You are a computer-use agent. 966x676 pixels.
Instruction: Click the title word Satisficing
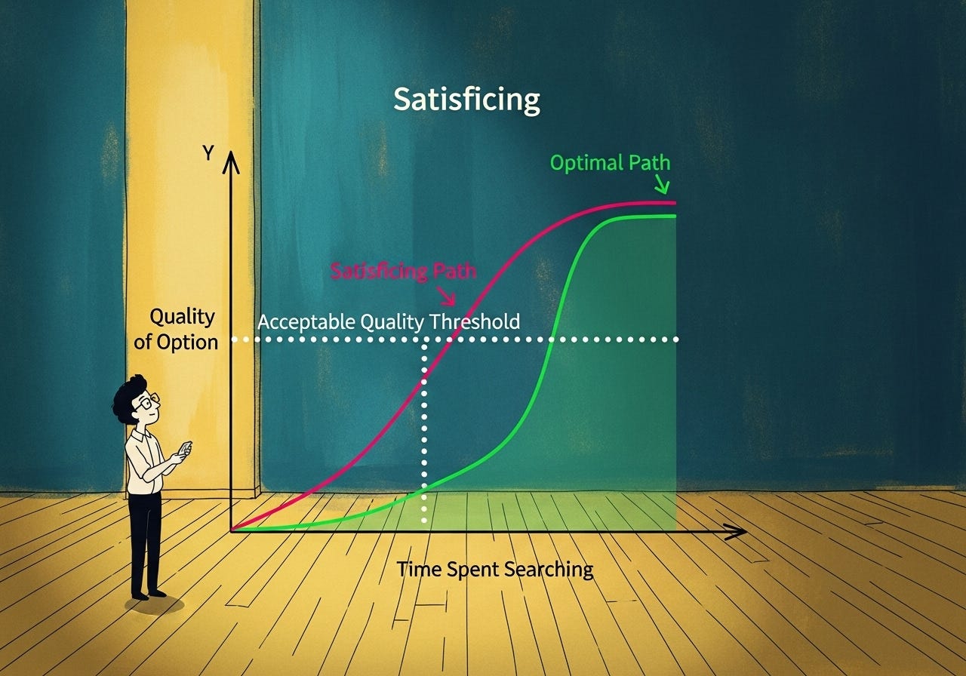466,100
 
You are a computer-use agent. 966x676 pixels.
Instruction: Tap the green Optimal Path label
610,162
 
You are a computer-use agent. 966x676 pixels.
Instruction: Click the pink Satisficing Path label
404,272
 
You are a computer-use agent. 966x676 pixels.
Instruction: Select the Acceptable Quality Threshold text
389,321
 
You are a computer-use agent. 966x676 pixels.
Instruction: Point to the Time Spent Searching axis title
495,569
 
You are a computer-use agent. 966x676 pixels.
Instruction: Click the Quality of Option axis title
177,329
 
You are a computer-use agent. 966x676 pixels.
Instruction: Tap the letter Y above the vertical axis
208,153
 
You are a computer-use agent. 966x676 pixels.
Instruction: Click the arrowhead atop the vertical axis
232,160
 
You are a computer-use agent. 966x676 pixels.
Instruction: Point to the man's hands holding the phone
180,455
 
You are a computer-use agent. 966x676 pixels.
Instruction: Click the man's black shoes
147,595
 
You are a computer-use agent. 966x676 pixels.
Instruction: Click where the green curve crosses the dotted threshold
552,340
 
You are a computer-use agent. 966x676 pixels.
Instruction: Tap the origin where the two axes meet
232,530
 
